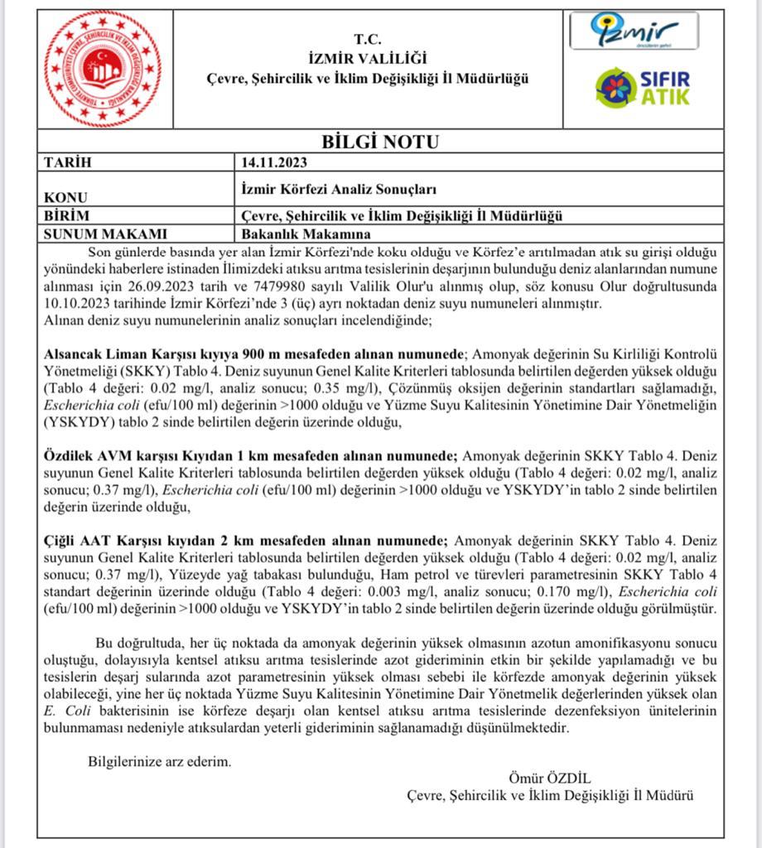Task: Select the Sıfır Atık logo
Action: [x=642, y=87]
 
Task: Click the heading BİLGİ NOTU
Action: [x=380, y=142]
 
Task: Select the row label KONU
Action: [x=65, y=199]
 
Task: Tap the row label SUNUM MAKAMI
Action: [x=104, y=234]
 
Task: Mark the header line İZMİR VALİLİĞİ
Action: [x=366, y=58]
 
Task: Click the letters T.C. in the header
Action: [x=367, y=39]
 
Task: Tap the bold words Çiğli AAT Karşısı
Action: [x=105, y=539]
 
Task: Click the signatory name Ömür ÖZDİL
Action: [x=549, y=778]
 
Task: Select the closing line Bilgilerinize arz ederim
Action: [x=160, y=761]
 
